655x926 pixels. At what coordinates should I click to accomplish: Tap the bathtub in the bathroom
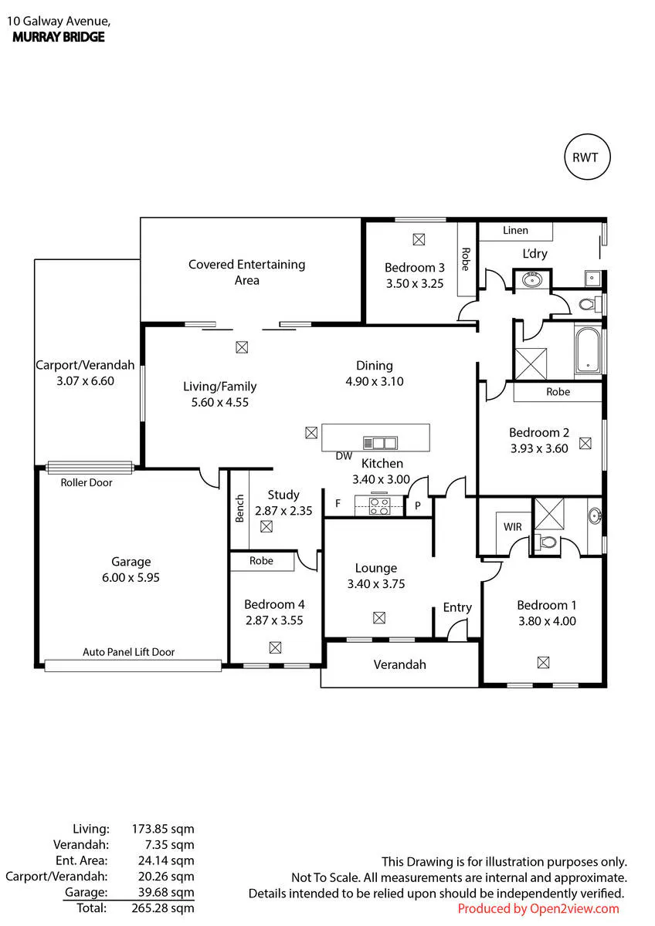588,351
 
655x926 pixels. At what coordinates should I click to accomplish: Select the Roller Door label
87,482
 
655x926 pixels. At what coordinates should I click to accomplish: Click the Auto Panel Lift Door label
129,652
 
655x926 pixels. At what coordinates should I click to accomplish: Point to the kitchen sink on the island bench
380,443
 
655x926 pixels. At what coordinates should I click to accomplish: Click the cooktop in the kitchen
379,507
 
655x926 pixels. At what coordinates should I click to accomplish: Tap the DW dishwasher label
344,455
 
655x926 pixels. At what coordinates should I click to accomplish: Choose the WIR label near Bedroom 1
513,526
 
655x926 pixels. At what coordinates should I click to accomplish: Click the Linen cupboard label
515,230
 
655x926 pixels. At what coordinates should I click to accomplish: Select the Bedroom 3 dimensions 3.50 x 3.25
415,284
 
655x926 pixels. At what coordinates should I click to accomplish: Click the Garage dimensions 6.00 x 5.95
131,577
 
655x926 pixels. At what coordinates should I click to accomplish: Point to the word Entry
457,607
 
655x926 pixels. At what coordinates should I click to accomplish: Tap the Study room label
283,495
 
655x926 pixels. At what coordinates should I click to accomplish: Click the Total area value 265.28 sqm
163,907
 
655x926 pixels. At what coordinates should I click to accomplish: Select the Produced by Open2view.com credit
538,908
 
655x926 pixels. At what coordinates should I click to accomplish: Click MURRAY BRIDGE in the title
59,37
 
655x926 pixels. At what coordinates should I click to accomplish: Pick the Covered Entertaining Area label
247,272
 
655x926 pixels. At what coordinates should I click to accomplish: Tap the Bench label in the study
239,509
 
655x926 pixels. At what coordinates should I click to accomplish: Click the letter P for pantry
418,505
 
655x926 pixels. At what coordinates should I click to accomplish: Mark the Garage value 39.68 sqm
166,892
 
